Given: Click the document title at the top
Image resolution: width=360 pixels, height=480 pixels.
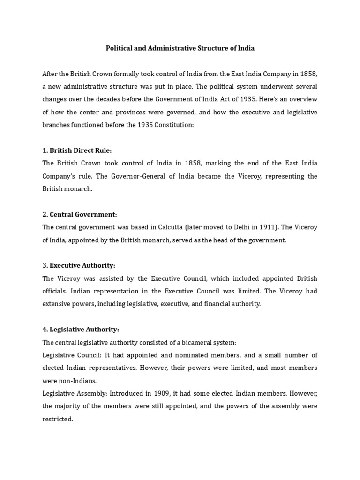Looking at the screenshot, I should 180,48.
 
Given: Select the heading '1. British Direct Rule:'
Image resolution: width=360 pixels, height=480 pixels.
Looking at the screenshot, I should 77,150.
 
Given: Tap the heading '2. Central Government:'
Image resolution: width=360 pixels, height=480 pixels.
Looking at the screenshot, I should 79,214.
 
